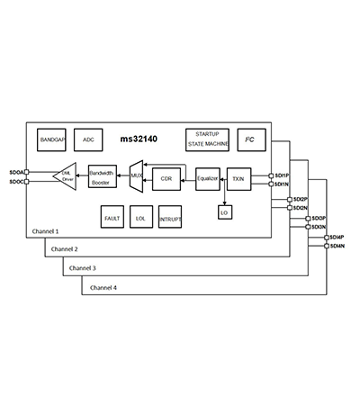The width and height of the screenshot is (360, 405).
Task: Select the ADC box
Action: click(x=88, y=139)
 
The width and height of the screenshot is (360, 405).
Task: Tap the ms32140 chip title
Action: click(x=139, y=140)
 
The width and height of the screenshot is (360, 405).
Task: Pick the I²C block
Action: click(x=248, y=139)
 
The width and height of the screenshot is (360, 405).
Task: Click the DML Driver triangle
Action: click(x=65, y=176)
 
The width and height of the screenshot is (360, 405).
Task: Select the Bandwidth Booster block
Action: click(x=102, y=176)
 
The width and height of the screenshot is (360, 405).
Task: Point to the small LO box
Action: click(x=223, y=212)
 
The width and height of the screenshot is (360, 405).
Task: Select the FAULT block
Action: click(x=112, y=218)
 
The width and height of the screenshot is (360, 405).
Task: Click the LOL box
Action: click(x=140, y=218)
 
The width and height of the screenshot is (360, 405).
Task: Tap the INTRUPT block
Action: click(x=170, y=218)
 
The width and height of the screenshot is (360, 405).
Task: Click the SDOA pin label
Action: click(x=16, y=171)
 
